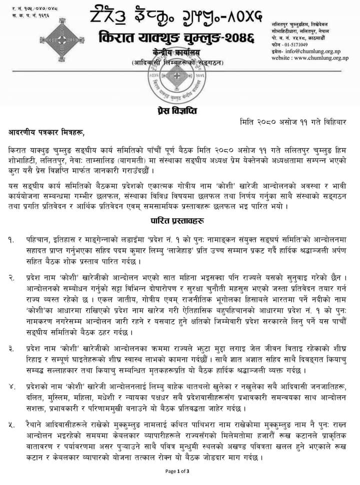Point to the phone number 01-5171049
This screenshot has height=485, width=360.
point(298,44)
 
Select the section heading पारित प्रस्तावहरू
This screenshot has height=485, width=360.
point(180,220)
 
